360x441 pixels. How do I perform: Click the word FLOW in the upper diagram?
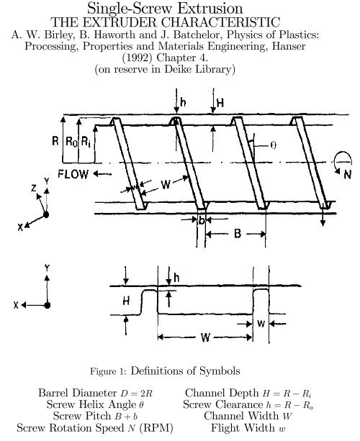(x=73, y=174)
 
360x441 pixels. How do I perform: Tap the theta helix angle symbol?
(x=273, y=145)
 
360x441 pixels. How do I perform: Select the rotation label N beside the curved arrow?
(x=348, y=175)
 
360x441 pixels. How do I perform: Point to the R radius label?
(x=55, y=140)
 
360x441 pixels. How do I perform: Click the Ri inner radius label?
(x=86, y=141)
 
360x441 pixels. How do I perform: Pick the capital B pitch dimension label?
(x=238, y=233)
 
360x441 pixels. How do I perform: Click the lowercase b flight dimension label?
(x=202, y=220)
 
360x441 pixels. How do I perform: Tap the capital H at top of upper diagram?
(x=220, y=103)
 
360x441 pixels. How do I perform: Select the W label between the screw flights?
(x=166, y=185)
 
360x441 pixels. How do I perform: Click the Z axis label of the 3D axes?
(x=34, y=188)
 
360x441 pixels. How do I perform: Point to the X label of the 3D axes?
(x=20, y=227)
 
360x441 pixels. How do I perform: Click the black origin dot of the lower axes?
(x=47, y=305)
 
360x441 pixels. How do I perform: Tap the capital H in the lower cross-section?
(x=126, y=301)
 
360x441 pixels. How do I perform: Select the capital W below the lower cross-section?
(x=205, y=337)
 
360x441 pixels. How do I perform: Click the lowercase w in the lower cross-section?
(x=261, y=324)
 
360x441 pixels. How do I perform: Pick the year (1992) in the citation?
(x=138, y=58)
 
